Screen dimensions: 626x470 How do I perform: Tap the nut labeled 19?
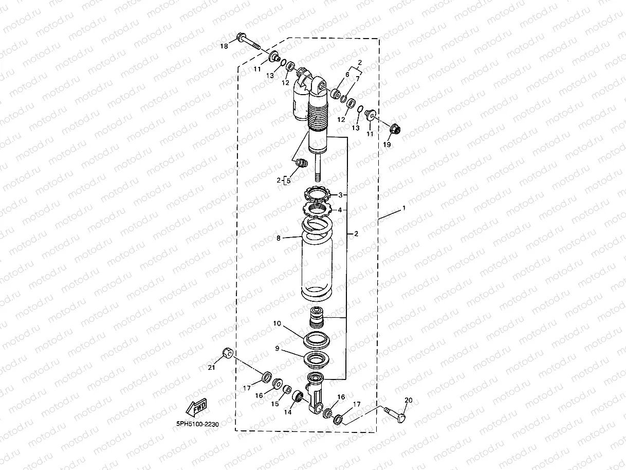[395, 129]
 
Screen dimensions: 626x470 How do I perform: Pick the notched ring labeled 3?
[317, 195]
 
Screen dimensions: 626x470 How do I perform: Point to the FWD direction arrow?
[196, 407]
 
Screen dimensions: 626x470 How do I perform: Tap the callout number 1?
[404, 208]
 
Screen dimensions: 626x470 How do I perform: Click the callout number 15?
[275, 404]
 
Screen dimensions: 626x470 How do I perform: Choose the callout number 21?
[211, 367]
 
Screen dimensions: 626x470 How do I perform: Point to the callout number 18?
[224, 46]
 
